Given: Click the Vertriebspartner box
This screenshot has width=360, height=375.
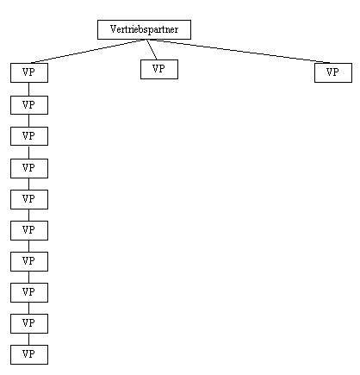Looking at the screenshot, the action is click(x=144, y=29).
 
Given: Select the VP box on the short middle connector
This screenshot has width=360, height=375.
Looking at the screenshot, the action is click(x=159, y=69).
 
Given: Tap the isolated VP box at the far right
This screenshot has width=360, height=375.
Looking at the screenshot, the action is click(x=333, y=72).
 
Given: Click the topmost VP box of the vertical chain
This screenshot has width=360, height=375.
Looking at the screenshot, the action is click(x=29, y=72).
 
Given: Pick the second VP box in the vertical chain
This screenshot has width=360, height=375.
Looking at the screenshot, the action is click(x=29, y=105).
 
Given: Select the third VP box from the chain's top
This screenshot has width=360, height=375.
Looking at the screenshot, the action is click(x=29, y=136).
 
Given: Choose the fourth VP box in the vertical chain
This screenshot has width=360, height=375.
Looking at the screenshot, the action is click(x=29, y=168).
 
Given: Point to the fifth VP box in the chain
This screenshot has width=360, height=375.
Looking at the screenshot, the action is click(x=29, y=199).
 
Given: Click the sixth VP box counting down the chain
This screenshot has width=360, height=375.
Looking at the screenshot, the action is click(x=29, y=230).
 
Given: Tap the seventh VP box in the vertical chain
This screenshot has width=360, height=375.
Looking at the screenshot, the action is click(x=29, y=261).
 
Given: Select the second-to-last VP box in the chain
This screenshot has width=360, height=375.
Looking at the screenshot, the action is click(x=29, y=323).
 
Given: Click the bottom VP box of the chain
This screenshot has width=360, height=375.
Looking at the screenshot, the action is click(x=29, y=354).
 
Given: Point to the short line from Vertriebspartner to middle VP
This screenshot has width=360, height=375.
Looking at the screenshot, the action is click(x=152, y=49).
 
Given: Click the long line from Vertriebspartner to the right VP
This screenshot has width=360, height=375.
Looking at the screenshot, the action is click(x=239, y=51).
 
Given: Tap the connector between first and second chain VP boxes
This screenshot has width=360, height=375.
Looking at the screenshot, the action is click(x=28, y=90).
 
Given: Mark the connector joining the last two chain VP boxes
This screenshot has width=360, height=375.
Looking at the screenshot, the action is click(x=28, y=340).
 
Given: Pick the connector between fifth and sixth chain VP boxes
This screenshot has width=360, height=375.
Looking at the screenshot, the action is click(x=28, y=216).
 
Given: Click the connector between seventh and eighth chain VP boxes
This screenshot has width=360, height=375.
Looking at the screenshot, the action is click(x=28, y=278).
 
